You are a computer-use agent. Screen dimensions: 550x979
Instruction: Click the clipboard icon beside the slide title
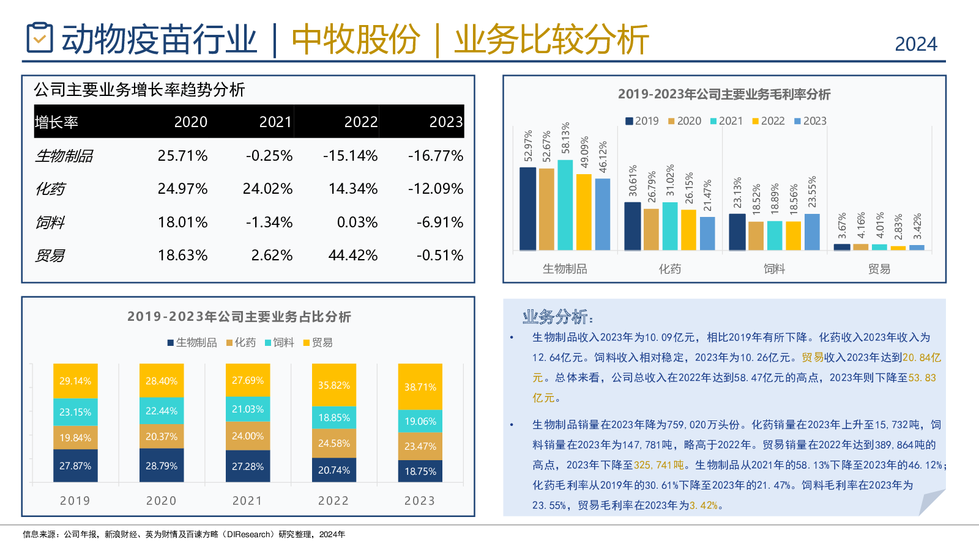tap(40, 38)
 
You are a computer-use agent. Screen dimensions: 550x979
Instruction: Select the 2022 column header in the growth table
tap(360, 122)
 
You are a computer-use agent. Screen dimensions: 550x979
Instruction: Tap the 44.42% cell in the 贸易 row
tap(352, 255)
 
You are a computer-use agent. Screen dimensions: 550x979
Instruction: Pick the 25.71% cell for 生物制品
tap(182, 156)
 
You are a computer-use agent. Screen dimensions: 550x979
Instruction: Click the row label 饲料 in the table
tap(50, 222)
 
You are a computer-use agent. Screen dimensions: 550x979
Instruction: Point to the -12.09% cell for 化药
tap(436, 189)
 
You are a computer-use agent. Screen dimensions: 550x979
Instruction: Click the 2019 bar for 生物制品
tap(527, 208)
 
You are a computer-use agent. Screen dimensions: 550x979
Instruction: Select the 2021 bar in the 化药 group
tap(670, 226)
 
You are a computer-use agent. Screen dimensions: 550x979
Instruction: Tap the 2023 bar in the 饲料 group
tap(812, 232)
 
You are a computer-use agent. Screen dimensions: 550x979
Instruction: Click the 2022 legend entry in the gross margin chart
tap(769, 121)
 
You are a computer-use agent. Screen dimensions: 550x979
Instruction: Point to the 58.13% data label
tap(566, 138)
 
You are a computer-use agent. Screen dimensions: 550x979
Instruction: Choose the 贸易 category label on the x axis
tap(879, 269)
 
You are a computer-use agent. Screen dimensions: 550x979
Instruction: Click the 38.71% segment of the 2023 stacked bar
tap(420, 387)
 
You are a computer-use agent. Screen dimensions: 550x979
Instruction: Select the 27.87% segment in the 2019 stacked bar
tap(75, 466)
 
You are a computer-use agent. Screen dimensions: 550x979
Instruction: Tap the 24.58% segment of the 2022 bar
tap(334, 443)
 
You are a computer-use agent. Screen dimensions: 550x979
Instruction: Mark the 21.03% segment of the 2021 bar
tap(248, 409)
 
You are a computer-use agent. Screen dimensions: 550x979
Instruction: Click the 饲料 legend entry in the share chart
tap(280, 343)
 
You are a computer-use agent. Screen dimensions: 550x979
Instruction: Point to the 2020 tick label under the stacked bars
tap(162, 501)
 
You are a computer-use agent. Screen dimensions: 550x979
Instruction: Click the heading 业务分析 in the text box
tap(557, 317)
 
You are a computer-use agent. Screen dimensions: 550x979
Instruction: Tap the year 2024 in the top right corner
tap(915, 44)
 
